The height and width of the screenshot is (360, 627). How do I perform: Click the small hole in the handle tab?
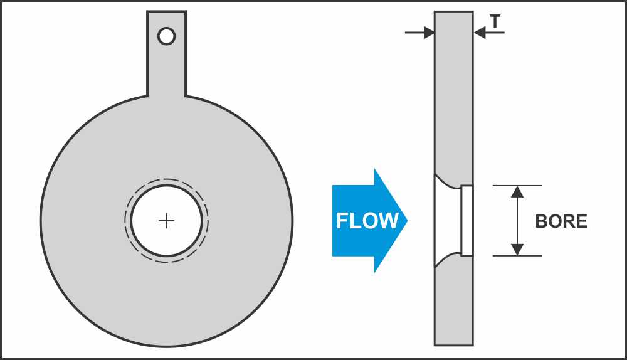click(x=166, y=36)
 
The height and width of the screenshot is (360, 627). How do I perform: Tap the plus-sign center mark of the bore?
click(x=166, y=221)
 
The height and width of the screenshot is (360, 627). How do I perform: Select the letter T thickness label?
click(x=495, y=21)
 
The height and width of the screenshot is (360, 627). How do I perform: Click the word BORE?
click(x=561, y=221)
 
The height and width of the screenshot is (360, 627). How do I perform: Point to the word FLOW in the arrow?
click(x=367, y=221)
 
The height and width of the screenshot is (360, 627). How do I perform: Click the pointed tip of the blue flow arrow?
click(x=407, y=220)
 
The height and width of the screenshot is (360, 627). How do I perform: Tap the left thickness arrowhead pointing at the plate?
click(x=429, y=33)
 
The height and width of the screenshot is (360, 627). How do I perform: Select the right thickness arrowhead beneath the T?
click(x=480, y=33)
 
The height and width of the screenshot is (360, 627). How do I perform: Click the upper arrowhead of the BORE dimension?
click(x=517, y=191)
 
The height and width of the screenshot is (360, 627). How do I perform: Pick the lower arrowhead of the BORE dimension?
click(x=517, y=250)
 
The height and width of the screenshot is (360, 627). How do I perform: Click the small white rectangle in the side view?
click(x=466, y=220)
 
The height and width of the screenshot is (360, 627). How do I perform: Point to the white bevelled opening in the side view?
click(x=447, y=220)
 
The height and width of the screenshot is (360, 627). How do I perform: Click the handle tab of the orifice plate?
click(x=166, y=54)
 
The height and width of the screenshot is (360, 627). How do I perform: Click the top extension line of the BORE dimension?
click(x=517, y=186)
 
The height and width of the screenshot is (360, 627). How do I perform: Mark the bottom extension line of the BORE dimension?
click(x=517, y=256)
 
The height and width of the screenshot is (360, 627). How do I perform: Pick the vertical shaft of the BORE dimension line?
click(x=517, y=220)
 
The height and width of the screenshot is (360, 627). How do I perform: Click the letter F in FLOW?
click(x=342, y=221)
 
